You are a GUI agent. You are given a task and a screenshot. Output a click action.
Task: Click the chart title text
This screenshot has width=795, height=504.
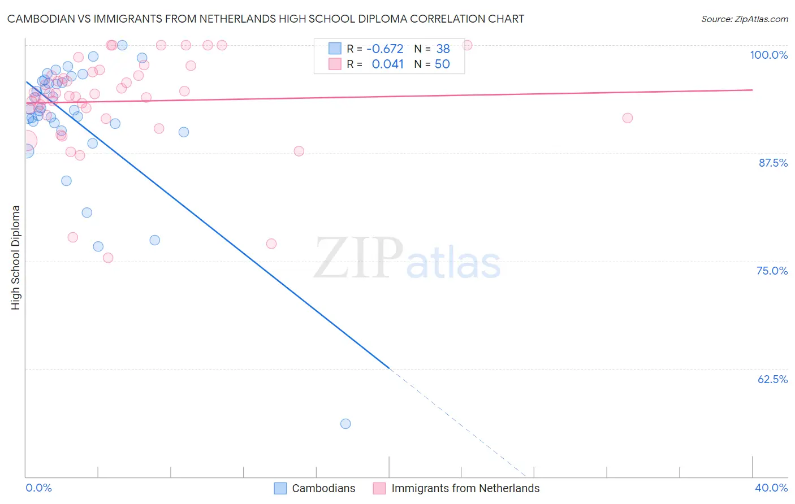click(266, 19)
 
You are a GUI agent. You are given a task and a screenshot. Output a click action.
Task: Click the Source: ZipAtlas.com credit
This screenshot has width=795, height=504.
click(744, 19)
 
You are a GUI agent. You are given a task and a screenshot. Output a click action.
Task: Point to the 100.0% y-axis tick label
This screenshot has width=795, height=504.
click(768, 55)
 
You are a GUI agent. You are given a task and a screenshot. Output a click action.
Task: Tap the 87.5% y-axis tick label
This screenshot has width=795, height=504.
click(772, 163)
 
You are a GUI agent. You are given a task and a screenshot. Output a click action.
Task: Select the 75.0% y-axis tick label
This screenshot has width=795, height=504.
click(772, 271)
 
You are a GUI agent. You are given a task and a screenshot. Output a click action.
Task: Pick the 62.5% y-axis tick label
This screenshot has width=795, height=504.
click(772, 379)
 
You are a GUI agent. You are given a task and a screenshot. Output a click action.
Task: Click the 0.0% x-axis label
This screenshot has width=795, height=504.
click(38, 488)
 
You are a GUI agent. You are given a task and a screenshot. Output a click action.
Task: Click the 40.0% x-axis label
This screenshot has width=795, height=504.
click(771, 488)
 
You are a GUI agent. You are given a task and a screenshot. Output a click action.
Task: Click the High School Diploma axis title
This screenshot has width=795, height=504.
click(16, 257)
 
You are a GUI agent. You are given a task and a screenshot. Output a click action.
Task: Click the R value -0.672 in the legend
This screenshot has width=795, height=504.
click(385, 49)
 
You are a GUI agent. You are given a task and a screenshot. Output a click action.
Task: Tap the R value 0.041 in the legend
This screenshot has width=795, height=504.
click(387, 64)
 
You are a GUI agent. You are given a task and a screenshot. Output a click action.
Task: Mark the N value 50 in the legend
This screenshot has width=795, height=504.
click(442, 64)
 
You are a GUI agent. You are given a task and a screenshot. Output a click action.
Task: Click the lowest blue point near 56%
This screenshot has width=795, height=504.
click(345, 424)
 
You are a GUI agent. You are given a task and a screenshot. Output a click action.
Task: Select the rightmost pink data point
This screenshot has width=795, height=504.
click(627, 118)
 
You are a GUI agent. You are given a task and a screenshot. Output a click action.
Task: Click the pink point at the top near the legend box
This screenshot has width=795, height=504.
click(467, 45)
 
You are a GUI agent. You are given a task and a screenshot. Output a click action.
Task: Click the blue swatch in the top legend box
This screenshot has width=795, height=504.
click(335, 49)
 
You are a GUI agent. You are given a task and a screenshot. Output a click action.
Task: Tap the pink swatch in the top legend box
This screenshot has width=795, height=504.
click(335, 64)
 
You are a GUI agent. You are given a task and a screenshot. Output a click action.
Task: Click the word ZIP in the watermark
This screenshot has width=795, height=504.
click(358, 258)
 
